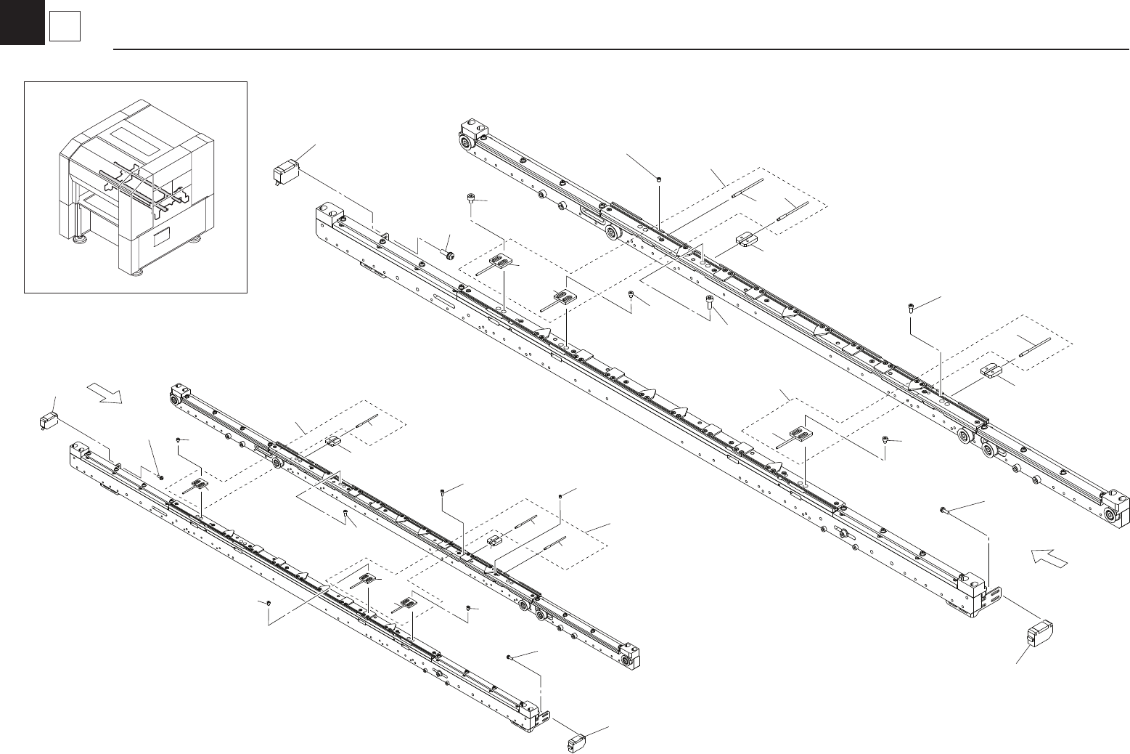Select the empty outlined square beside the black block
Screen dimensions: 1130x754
tap(63, 28)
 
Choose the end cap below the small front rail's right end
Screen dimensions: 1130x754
tap(578, 743)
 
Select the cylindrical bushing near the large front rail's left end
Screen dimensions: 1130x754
tap(449, 254)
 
